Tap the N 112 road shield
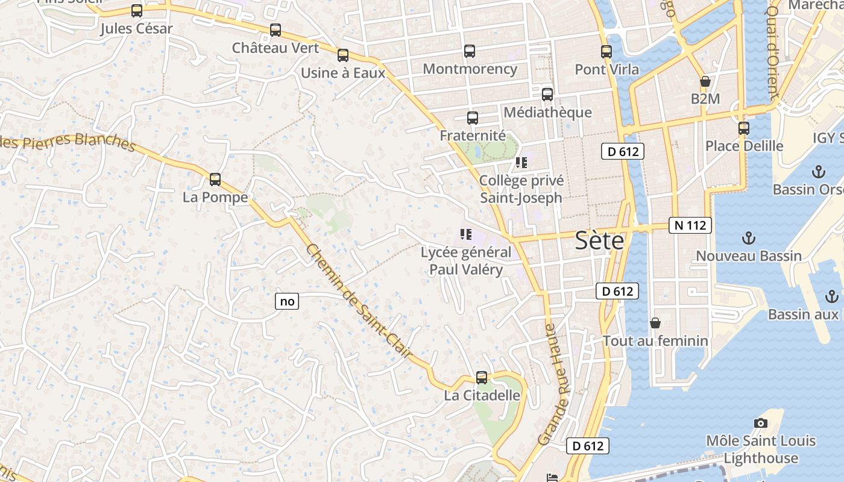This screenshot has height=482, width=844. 690,225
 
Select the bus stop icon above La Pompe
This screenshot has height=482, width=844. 215,179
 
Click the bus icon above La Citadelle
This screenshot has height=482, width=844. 481,378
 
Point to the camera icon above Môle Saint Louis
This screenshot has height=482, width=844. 760,423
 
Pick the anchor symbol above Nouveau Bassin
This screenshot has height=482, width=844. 748,238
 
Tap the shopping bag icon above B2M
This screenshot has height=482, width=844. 705,81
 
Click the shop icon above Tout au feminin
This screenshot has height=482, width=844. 655,324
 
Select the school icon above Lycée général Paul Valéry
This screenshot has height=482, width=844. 465,234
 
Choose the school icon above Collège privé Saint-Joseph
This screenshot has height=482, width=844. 521,163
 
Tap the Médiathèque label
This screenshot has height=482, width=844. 547,113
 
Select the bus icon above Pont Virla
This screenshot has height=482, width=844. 606,52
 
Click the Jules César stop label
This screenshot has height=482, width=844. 136,28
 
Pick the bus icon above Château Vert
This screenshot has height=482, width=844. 276,30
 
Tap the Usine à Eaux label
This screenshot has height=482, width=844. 342,74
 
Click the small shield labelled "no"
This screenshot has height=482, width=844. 288,301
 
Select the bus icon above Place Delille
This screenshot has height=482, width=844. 744,128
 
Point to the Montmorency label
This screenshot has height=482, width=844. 470,69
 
